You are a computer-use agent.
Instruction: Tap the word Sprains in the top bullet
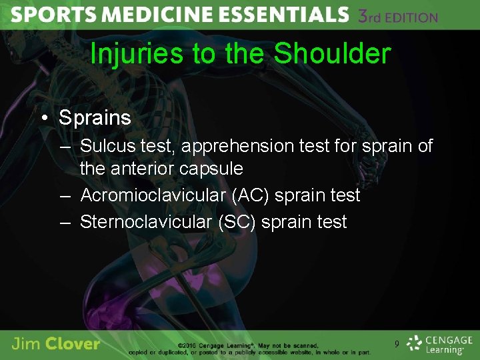point(95,118)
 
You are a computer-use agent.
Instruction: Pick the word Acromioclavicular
point(157,195)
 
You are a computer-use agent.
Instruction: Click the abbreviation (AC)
point(253,195)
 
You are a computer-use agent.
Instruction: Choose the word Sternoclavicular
point(147,222)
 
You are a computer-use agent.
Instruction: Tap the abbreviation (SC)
point(237,222)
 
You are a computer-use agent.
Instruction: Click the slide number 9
point(397,344)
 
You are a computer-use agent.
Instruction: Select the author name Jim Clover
point(56,344)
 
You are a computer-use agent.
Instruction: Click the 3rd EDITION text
point(398,16)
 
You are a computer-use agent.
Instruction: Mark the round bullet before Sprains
point(44,119)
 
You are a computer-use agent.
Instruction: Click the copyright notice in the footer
point(273,348)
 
